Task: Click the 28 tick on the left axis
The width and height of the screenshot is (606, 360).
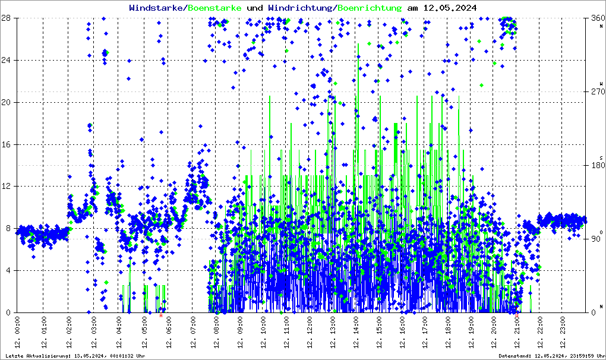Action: (x=8, y=18)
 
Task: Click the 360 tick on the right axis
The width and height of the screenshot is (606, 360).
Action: (x=596, y=18)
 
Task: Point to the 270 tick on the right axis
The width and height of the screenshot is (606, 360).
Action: (x=596, y=92)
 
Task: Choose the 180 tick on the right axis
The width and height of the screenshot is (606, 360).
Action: (x=596, y=166)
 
